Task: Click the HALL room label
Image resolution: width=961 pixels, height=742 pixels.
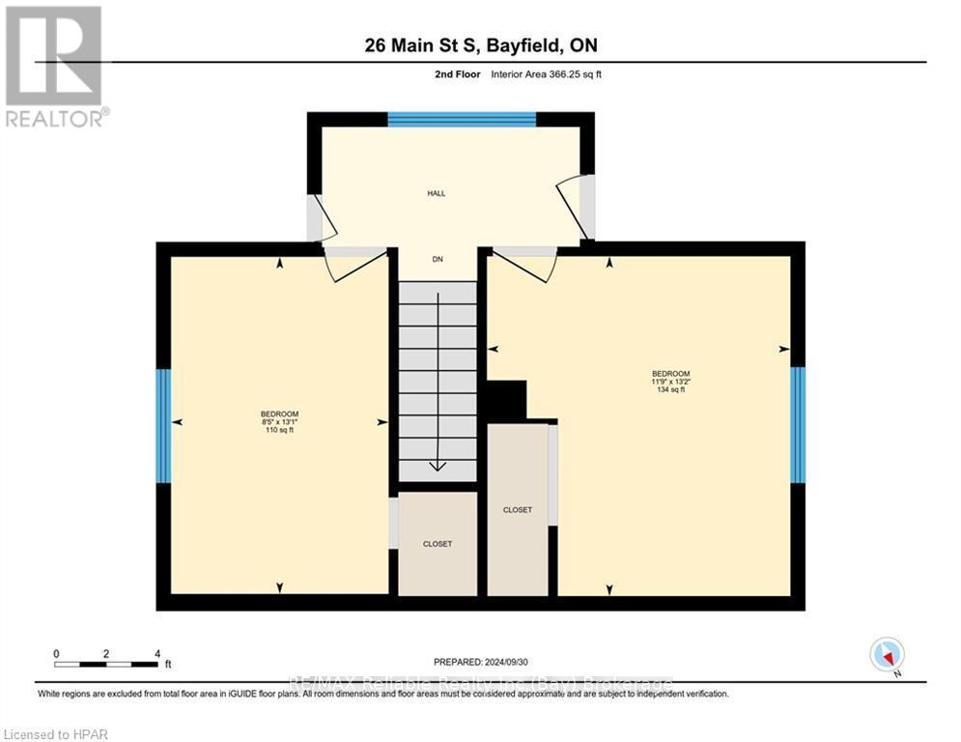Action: coord(437,193)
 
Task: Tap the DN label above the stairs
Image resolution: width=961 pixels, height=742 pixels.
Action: coord(438,259)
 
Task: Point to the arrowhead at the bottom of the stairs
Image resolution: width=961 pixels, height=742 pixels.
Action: coord(438,466)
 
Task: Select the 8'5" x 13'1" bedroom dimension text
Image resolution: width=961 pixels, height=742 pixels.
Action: coord(279,421)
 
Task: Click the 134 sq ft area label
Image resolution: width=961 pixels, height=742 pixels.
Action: coord(670,389)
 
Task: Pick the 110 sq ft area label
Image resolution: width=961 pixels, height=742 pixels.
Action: coord(279,430)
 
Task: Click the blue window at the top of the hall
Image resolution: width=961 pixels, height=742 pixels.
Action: coord(462,120)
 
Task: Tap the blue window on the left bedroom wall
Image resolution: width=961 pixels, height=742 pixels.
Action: coord(164,426)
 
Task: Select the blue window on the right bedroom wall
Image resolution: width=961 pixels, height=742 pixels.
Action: coord(798,424)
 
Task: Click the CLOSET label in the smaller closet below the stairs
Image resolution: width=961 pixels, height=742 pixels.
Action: coord(438,544)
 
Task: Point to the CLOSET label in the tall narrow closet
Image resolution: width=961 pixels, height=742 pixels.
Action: coord(517,509)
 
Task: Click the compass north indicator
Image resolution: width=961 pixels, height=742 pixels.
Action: coord(886,655)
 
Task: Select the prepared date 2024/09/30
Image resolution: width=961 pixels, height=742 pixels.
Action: coord(481,662)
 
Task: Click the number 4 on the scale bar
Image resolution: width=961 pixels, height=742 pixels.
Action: coord(157,653)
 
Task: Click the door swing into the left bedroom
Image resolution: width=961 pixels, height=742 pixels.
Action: coord(345,267)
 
